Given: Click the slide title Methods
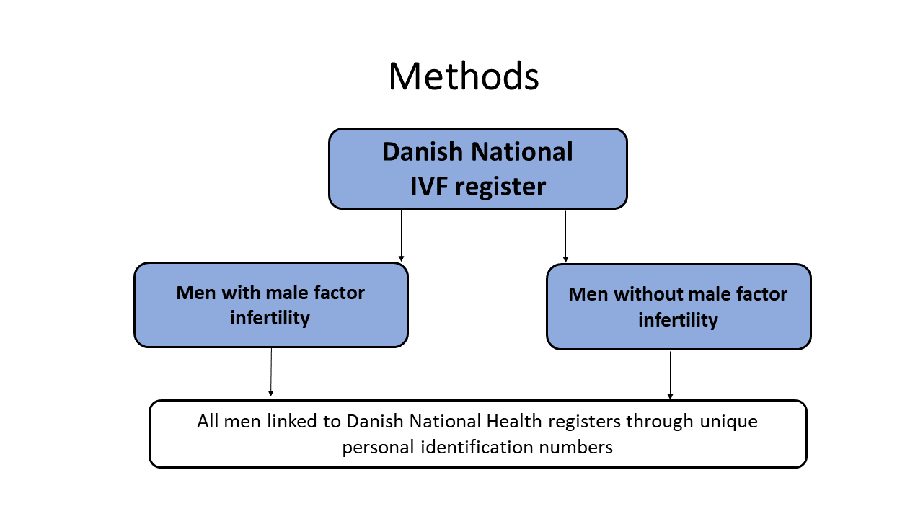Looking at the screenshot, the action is (x=464, y=76).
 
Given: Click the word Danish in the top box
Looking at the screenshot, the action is (x=423, y=151).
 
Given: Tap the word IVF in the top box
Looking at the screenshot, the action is (x=429, y=186).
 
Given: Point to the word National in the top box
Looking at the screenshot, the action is (x=522, y=151).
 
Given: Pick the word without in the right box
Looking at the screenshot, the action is (x=648, y=295).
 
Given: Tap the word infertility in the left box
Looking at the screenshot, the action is (x=270, y=319).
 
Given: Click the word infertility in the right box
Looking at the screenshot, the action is (x=679, y=321).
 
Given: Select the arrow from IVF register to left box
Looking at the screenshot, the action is (x=402, y=236).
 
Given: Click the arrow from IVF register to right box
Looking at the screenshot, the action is (x=566, y=237).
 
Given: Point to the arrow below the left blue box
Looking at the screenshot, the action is (x=271, y=373).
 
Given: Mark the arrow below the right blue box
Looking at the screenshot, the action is (x=670, y=376).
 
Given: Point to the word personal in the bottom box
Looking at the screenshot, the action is (x=379, y=448).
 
